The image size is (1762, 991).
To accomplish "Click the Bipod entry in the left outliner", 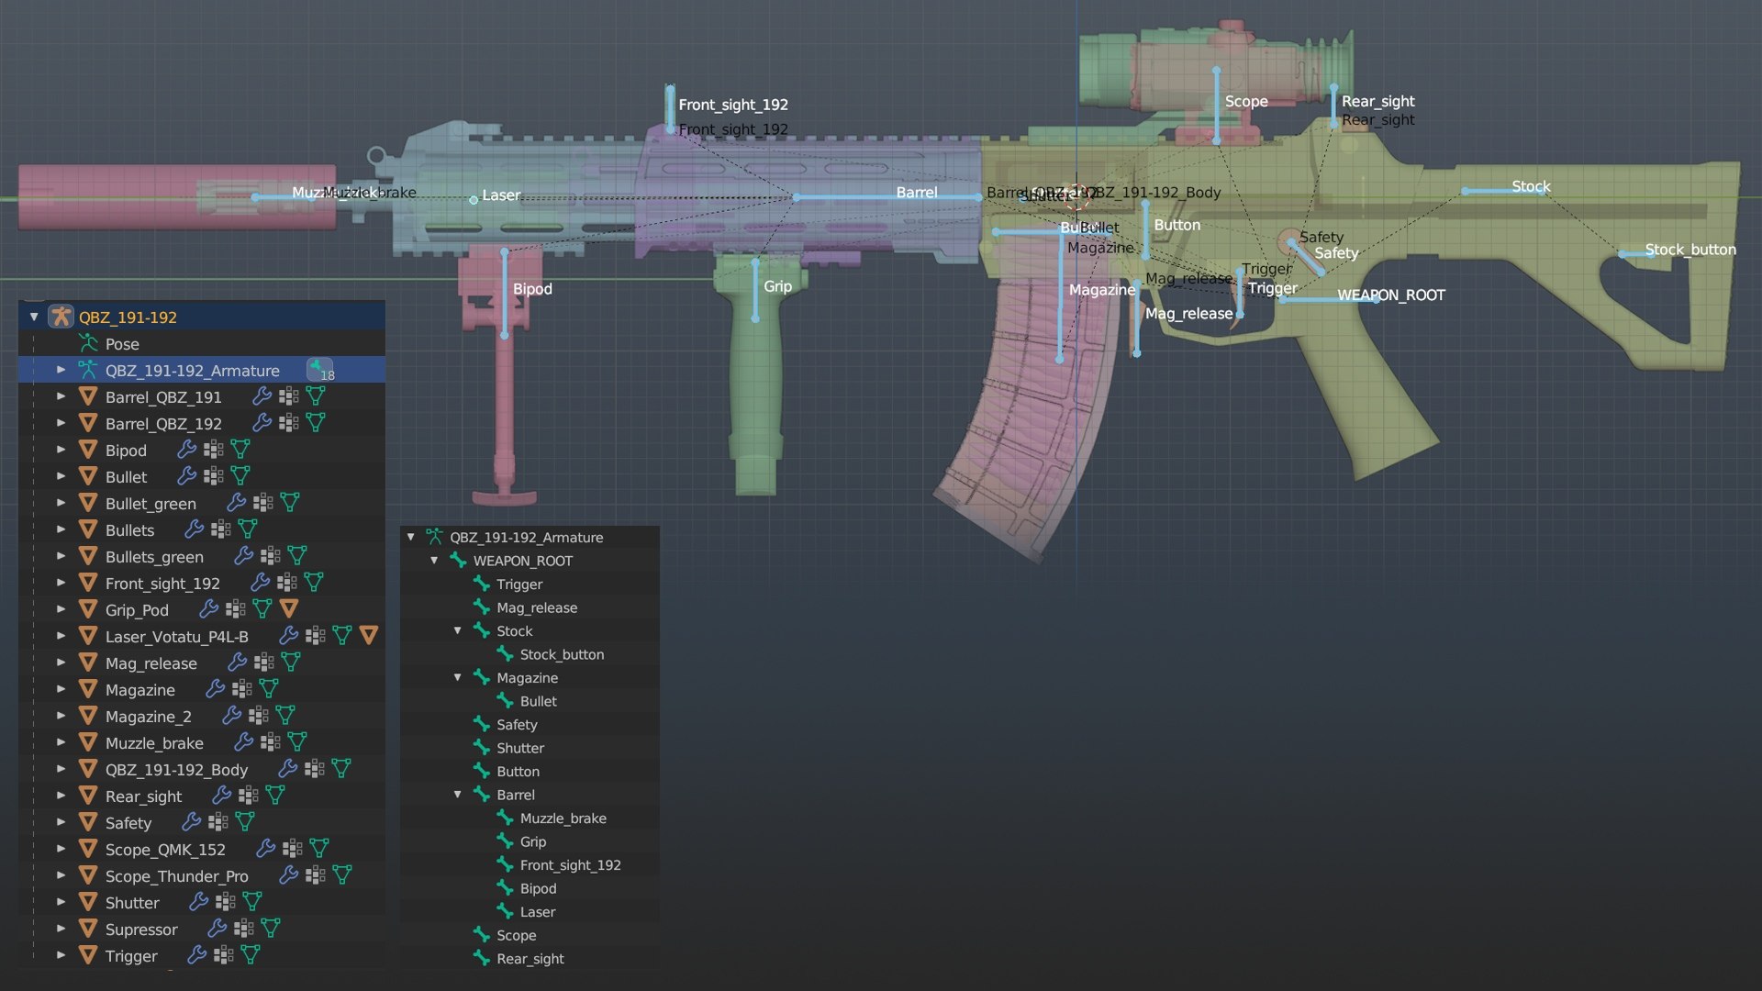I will (126, 451).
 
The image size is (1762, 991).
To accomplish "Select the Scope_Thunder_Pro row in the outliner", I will (176, 876).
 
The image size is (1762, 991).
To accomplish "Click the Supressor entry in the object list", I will (141, 930).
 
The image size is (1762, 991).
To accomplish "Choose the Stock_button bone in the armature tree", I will (561, 654).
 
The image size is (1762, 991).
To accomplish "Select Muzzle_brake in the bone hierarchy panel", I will (563, 818).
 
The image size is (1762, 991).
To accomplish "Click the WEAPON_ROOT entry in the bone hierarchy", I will (522, 561).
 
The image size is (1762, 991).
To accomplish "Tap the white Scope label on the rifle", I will (1245, 102).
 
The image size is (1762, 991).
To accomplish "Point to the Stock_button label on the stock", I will (1690, 250).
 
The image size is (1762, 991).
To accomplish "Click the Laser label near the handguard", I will (500, 195).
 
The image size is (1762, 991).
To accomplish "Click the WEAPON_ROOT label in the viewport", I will (1390, 295).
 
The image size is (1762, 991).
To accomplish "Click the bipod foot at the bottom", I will (504, 496).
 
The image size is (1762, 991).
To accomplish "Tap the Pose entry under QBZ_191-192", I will (121, 344).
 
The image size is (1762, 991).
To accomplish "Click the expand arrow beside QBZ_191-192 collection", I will (34, 317).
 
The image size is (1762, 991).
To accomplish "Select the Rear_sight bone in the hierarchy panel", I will (530, 959).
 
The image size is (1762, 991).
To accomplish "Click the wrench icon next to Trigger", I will (195, 955).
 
